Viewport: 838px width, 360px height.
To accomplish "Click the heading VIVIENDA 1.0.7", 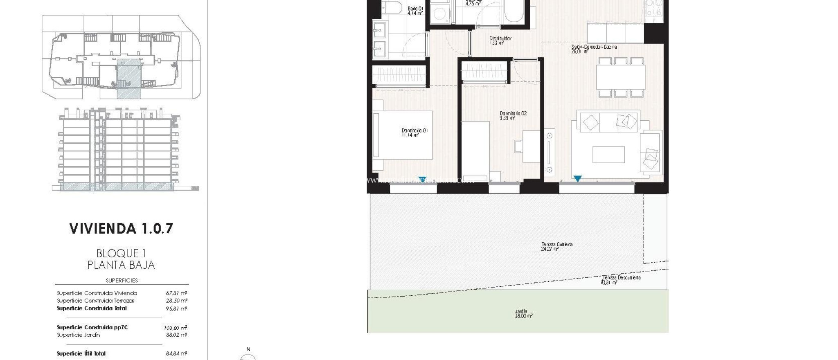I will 121,228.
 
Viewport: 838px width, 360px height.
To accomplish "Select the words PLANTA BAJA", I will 121,265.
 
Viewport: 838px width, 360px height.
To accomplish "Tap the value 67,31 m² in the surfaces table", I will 176,293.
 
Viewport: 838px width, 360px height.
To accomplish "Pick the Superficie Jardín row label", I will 78,335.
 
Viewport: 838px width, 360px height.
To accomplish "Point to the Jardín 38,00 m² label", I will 523,313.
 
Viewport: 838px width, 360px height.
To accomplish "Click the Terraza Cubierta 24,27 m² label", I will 556,246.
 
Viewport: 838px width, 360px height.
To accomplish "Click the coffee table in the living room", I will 608,155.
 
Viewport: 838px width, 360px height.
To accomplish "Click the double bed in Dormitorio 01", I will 403,135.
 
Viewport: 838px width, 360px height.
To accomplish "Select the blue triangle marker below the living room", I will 577,179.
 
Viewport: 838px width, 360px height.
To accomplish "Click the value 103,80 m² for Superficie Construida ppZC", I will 176,328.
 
